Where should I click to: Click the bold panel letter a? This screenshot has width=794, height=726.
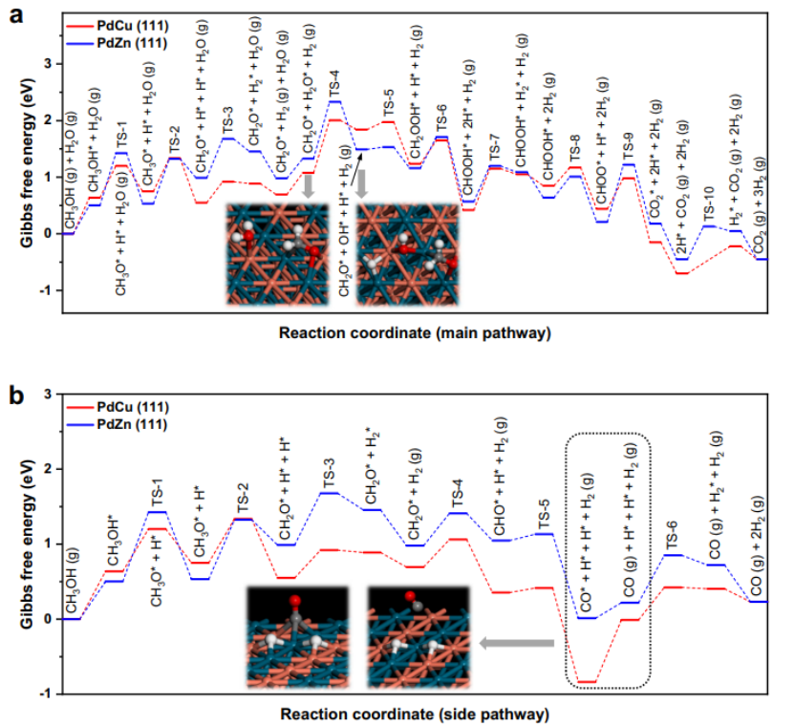click(x=16, y=16)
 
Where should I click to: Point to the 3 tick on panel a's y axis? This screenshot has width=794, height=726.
click(x=46, y=64)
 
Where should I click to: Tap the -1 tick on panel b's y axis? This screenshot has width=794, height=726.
click(x=46, y=694)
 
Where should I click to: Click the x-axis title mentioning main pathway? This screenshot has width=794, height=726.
click(x=415, y=334)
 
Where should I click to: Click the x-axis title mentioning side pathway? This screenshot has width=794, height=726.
click(x=416, y=714)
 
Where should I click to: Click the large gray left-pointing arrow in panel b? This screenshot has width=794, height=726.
click(x=516, y=645)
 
